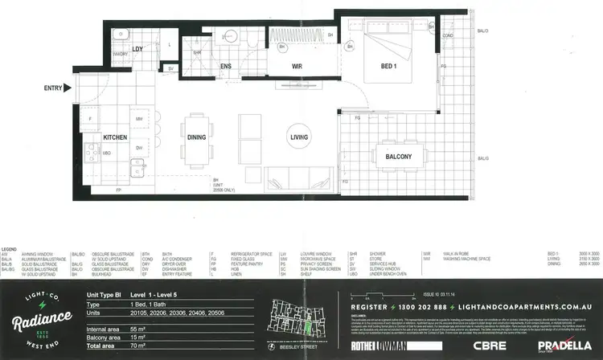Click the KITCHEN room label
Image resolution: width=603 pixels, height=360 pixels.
point(115,137)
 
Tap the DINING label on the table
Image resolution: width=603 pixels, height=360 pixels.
point(196,137)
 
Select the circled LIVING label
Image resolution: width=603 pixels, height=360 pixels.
point(300,137)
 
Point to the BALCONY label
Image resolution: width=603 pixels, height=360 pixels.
point(398,157)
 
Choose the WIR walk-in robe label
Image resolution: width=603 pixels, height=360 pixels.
point(296,65)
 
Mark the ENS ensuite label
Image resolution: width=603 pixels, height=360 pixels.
point(226,66)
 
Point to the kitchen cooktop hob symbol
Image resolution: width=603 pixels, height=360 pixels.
point(90,151)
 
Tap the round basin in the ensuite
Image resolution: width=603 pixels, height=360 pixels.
point(228,37)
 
